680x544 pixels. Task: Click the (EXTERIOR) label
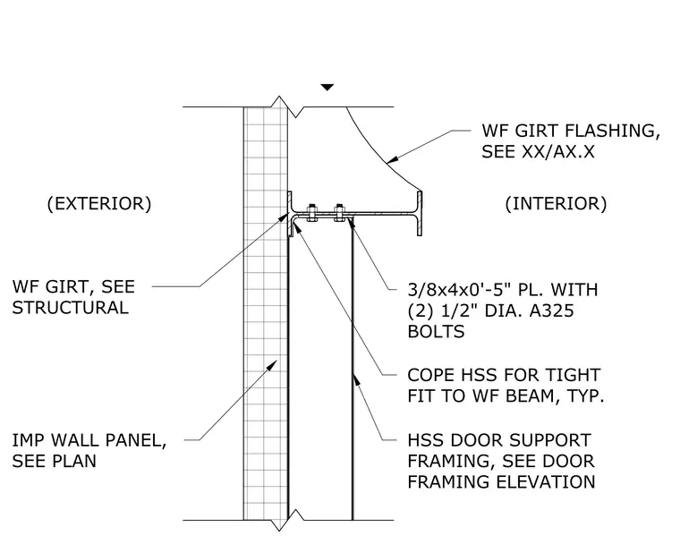[99, 203]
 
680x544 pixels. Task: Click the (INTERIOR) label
[556, 203]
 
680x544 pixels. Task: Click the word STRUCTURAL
[71, 308]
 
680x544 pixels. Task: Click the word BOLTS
[436, 331]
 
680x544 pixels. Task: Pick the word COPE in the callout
[430, 375]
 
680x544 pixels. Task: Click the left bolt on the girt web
[311, 213]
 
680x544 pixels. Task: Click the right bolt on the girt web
[340, 213]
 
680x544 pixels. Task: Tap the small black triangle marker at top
[327, 87]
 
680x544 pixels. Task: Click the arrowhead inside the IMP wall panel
[272, 365]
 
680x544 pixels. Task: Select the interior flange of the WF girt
[420, 213]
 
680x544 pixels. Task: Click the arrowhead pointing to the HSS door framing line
[356, 379]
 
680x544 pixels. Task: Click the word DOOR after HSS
[477, 440]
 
